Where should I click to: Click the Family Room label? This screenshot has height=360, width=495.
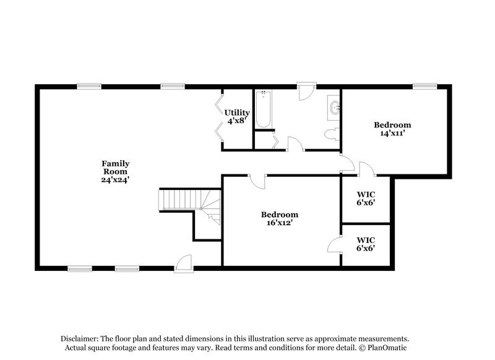point(116,167)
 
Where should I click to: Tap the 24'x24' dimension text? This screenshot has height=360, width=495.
point(116,179)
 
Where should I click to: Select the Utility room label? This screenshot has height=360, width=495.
point(237,113)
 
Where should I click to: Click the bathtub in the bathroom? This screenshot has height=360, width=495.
point(264,109)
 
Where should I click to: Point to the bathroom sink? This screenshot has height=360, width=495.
point(335,108)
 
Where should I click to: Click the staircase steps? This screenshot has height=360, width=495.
point(177,200)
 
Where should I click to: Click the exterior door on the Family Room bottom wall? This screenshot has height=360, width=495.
point(184,265)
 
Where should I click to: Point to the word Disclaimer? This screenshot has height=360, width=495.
point(80,339)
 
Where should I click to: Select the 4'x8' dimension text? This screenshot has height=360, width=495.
point(237,121)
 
